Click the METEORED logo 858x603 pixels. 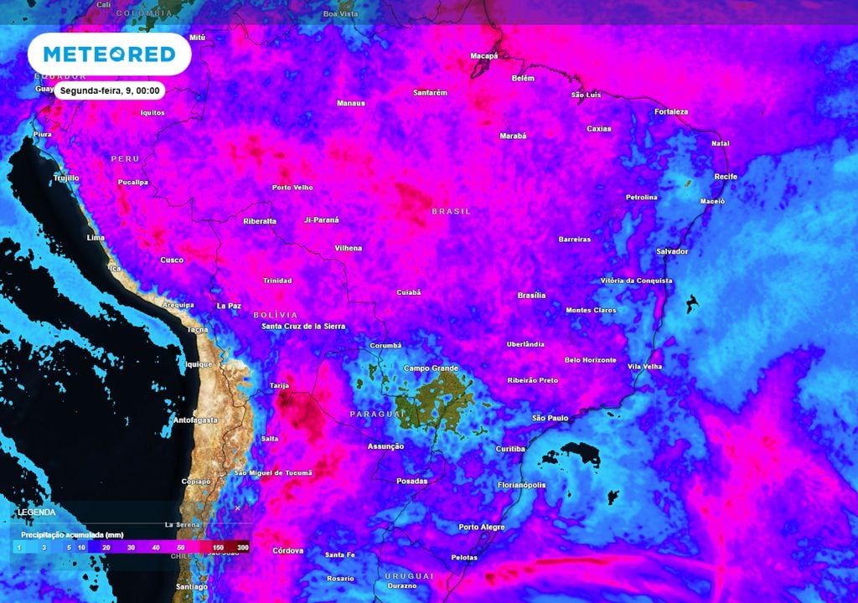click(109, 54)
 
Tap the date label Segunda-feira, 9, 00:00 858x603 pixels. click(110, 90)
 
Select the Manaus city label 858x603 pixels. click(350, 104)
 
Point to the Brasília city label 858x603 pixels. click(531, 296)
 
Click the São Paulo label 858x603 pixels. click(550, 418)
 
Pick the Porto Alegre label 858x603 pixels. click(482, 528)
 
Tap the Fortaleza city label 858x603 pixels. click(671, 112)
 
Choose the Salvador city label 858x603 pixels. click(672, 251)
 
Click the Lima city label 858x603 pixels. click(96, 239)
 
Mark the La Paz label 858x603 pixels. click(229, 307)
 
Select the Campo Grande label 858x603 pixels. click(432, 368)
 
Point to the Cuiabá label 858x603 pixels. click(409, 293)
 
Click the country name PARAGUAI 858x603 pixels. click(370, 415)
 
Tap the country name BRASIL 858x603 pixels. click(451, 212)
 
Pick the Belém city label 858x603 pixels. click(523, 79)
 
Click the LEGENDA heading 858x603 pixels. click(36, 512)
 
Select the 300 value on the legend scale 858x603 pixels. click(243, 547)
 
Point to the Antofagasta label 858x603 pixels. click(194, 420)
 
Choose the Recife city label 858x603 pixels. click(726, 177)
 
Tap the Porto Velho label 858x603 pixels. click(292, 188)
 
